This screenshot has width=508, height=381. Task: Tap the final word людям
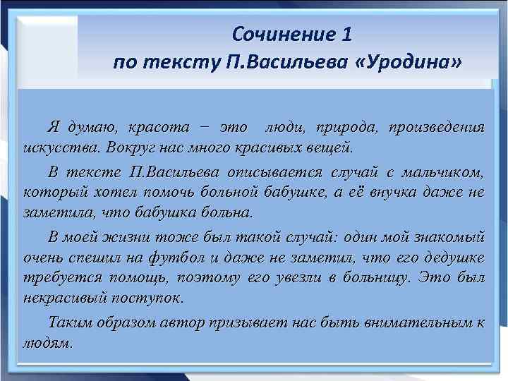pos(47,343)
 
